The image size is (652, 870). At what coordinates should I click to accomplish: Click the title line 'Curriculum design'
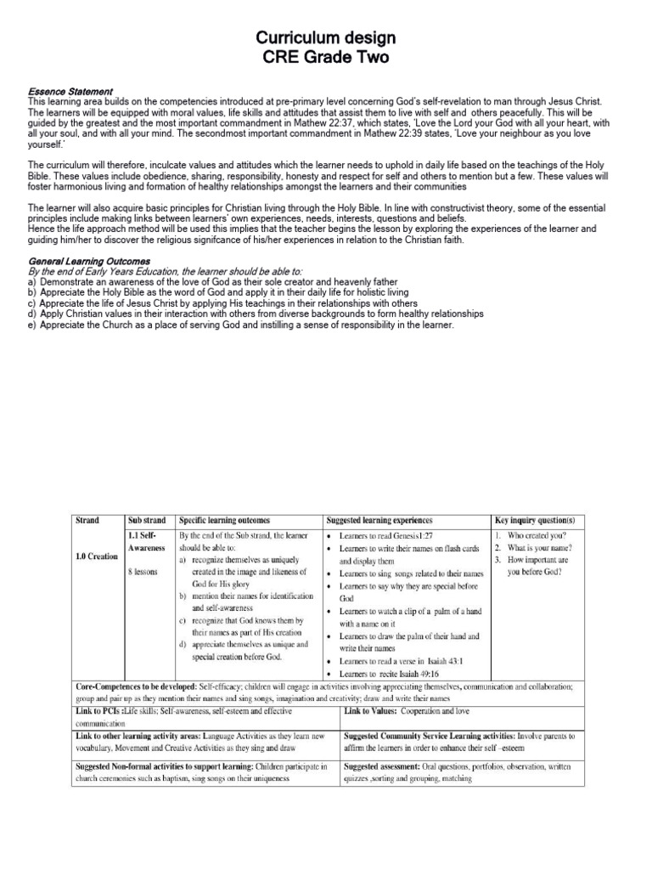pyautogui.click(x=326, y=39)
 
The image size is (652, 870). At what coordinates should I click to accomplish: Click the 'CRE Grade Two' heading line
pyautogui.click(x=326, y=57)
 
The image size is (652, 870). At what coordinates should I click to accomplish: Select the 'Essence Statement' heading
pyautogui.click(x=70, y=92)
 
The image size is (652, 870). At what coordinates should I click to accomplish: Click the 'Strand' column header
pyautogui.click(x=87, y=520)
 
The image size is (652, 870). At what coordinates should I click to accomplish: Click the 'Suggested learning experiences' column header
pyautogui.click(x=379, y=520)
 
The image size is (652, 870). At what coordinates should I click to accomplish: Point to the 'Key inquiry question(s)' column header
pyautogui.click(x=535, y=520)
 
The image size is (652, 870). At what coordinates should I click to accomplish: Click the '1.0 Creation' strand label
pyautogui.click(x=97, y=556)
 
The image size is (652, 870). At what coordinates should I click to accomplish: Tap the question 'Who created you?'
pyautogui.click(x=537, y=536)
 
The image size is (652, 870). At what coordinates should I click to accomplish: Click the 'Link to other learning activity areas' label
pyautogui.click(x=140, y=735)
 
